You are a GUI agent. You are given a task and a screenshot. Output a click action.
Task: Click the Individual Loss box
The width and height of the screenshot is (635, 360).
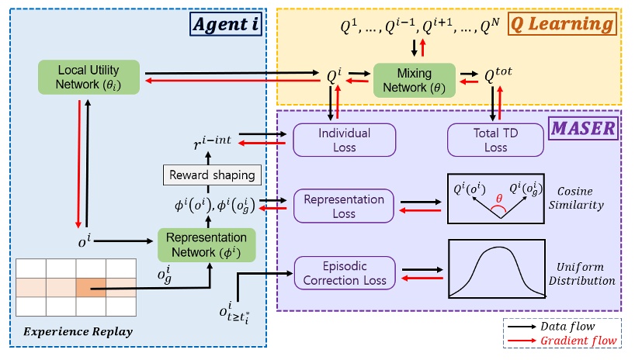(344, 140)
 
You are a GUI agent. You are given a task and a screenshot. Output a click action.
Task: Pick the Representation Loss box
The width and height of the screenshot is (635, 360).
(344, 206)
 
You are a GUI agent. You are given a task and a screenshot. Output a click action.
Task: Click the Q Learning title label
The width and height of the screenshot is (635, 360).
(562, 25)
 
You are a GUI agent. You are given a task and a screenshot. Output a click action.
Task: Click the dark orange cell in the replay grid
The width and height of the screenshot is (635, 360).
(91, 287)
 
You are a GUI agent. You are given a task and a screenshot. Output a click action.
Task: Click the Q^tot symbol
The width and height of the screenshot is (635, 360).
(499, 76)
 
